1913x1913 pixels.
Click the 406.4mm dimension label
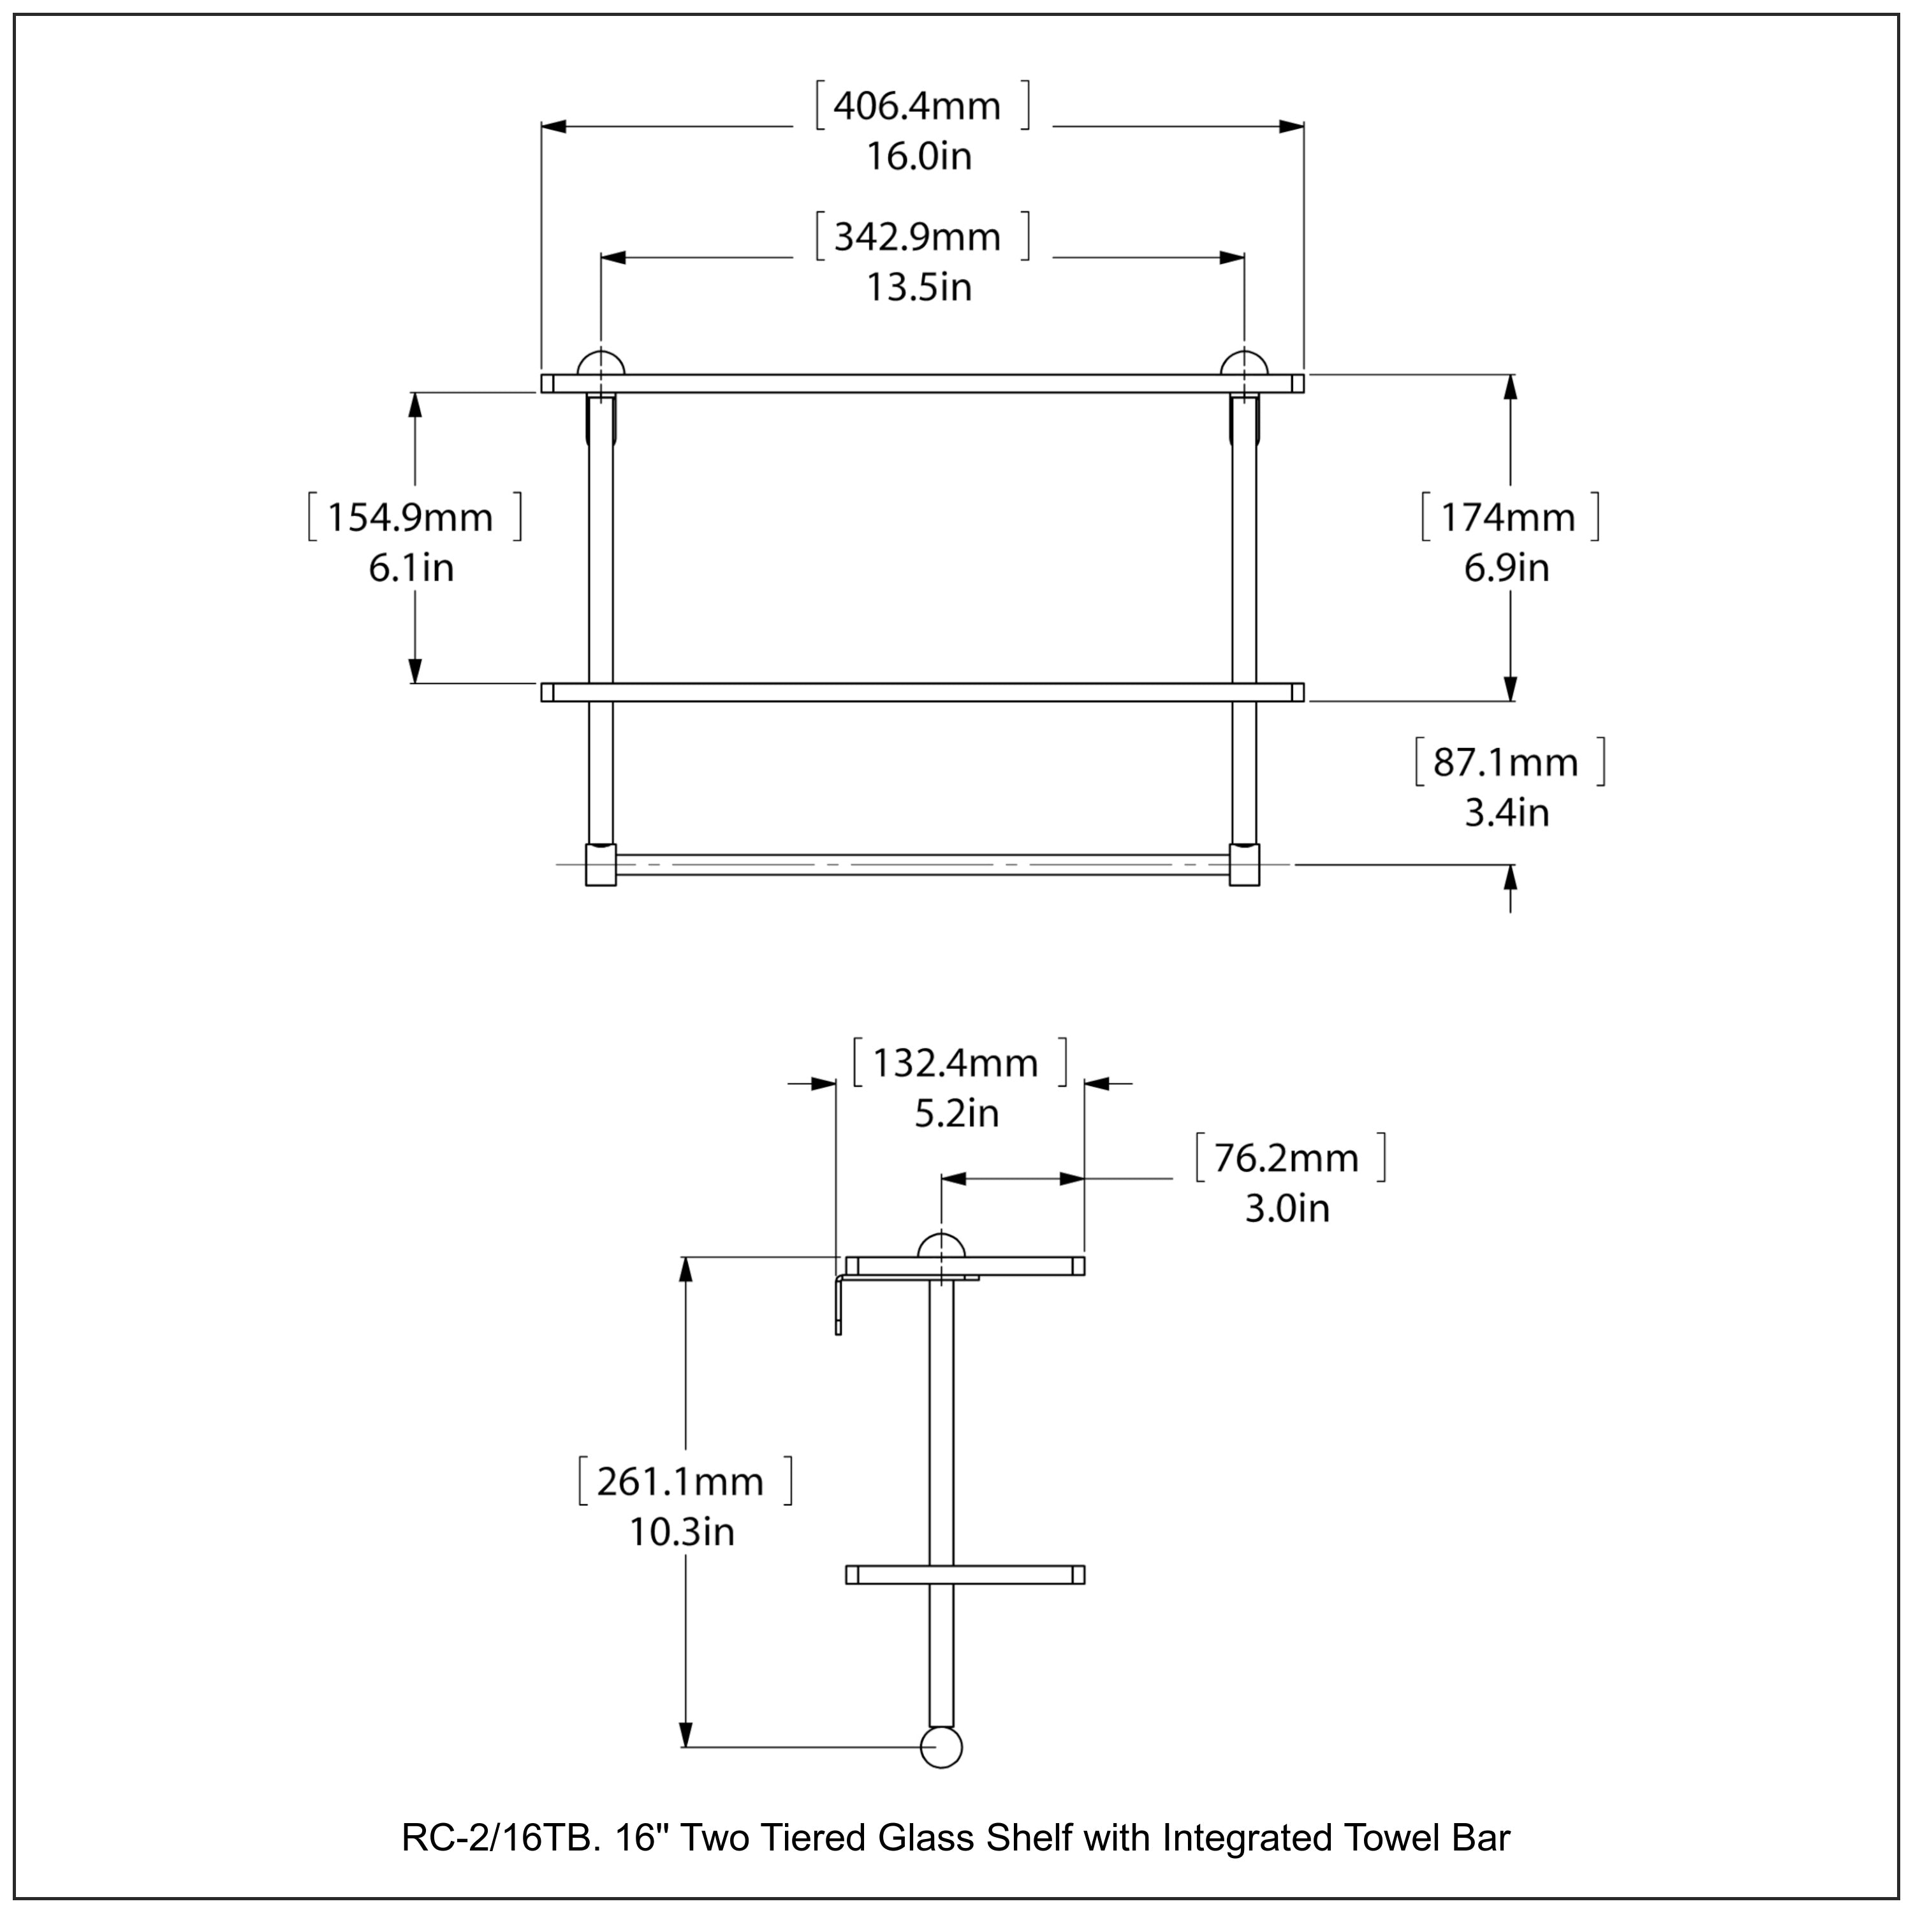coord(917,106)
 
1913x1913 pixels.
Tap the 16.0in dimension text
coord(919,156)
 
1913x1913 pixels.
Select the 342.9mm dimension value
coord(917,238)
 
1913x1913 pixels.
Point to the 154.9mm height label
coord(410,518)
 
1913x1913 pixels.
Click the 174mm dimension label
coord(1507,518)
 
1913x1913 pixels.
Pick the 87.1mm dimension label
coord(1506,763)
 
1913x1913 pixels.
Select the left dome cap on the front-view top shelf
coord(601,363)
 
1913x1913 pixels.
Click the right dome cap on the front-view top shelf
coord(1245,363)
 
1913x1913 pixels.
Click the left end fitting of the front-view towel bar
coord(601,865)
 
